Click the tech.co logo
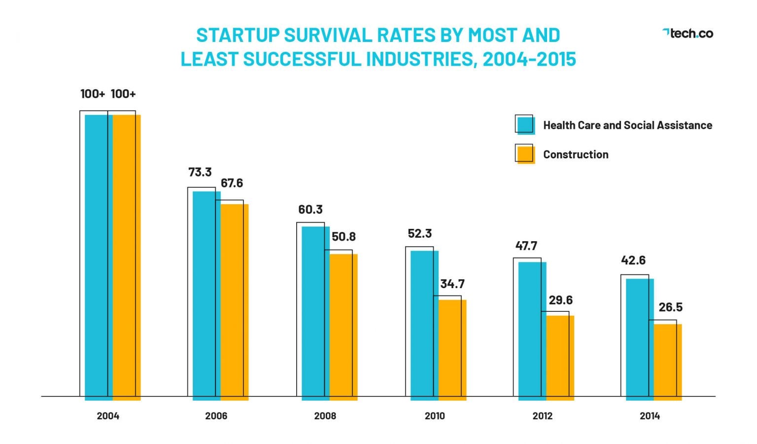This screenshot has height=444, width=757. coord(688,34)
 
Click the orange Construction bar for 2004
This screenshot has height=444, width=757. coord(127,257)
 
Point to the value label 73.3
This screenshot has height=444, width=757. coord(200,172)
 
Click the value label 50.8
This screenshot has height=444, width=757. coord(344,237)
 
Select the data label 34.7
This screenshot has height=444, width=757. coord(452,284)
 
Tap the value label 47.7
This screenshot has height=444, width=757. coord(526,246)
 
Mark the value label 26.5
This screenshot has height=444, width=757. coord(670,307)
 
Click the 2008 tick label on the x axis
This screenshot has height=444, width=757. coord(325,416)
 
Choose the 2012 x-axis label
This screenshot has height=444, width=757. coord(542,416)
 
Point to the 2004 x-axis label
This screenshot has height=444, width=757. coord(108,416)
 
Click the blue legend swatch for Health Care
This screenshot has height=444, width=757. coord(525,125)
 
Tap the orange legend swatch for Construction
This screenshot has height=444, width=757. coord(525,154)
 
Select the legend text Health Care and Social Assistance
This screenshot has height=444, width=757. coord(627,125)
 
